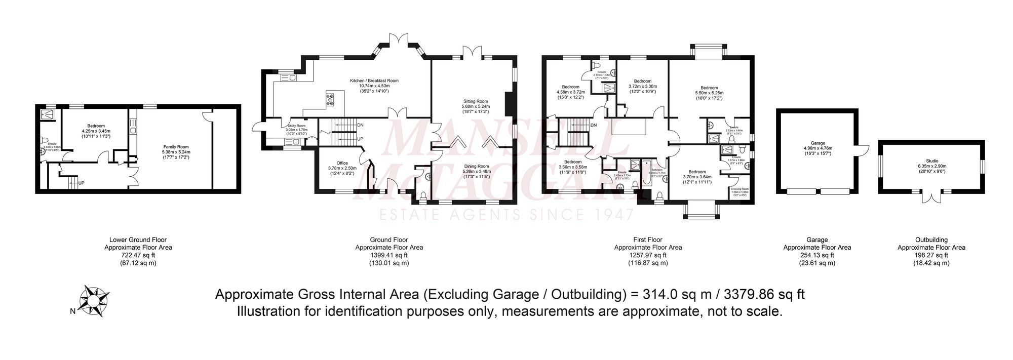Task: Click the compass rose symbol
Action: (x=93, y=300)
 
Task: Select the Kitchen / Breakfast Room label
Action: (x=374, y=81)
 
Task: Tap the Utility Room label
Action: (x=296, y=126)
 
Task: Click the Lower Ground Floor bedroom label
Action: (x=96, y=126)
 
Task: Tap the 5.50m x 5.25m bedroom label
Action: (x=709, y=88)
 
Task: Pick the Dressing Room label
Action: (x=739, y=189)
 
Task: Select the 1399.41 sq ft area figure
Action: (x=389, y=255)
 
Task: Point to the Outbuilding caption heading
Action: (x=931, y=240)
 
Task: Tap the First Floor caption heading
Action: (x=648, y=240)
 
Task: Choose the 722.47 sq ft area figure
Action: (x=138, y=255)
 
